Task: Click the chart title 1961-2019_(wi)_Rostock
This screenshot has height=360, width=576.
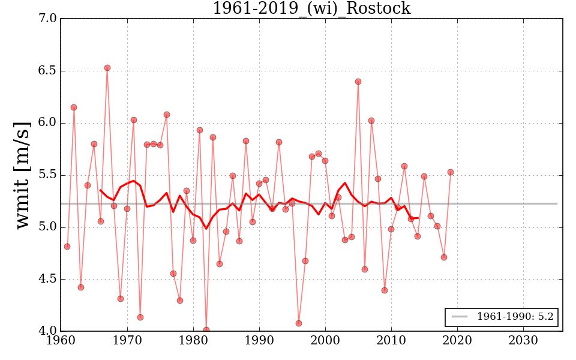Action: [311, 8]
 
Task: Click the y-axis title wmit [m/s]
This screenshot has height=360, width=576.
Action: [23, 175]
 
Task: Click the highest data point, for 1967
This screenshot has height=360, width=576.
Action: [107, 68]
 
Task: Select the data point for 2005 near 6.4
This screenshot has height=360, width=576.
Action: [358, 82]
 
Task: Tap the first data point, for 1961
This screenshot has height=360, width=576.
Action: [67, 247]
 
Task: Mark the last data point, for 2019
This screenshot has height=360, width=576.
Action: [451, 172]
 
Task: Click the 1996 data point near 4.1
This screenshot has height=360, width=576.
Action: [299, 323]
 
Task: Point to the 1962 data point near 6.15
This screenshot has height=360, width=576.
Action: [74, 107]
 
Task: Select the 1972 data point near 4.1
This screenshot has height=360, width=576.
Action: [140, 317]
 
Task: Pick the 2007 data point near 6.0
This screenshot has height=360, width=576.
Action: [371, 121]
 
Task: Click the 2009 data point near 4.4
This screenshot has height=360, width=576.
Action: [385, 290]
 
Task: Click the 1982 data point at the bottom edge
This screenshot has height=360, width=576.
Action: [206, 330]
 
